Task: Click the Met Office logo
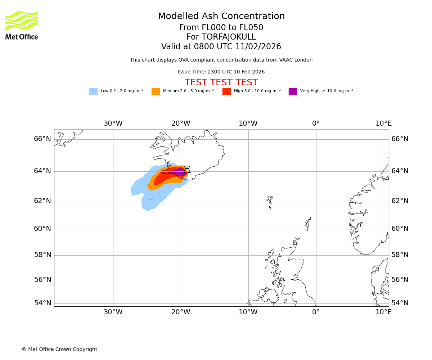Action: tap(22, 25)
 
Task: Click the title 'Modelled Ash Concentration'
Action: tap(221, 17)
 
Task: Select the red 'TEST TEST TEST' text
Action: tap(221, 83)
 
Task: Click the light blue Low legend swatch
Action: tap(93, 91)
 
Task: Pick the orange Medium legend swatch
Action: tap(156, 91)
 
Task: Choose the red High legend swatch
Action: tap(226, 91)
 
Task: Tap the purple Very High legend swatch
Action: tap(293, 91)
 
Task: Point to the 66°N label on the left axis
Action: tap(42, 139)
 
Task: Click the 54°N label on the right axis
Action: tap(400, 303)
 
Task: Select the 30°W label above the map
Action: tap(113, 123)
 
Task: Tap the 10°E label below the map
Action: tap(383, 312)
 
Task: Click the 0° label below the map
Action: tap(316, 312)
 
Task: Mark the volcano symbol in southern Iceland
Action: tap(187, 170)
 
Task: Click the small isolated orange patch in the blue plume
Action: tap(151, 199)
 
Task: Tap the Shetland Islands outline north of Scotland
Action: tap(308, 224)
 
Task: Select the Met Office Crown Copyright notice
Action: tap(59, 350)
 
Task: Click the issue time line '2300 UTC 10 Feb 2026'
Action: tap(221, 72)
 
